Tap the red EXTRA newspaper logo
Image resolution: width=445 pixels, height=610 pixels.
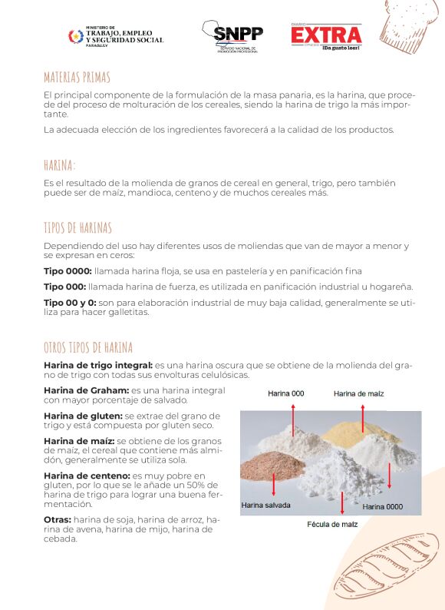(326, 35)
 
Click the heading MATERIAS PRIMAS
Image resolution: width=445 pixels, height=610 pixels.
(77, 78)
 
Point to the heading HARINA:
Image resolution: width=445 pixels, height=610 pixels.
(60, 165)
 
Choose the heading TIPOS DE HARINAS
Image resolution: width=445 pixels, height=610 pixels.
(77, 228)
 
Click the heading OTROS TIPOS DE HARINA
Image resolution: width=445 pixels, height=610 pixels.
(88, 347)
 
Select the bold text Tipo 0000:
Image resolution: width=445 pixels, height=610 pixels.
(68, 271)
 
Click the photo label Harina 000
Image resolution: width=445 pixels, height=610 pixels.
(286, 393)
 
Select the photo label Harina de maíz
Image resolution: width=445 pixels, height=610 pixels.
(358, 393)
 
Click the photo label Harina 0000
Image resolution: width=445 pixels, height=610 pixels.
(383, 506)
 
